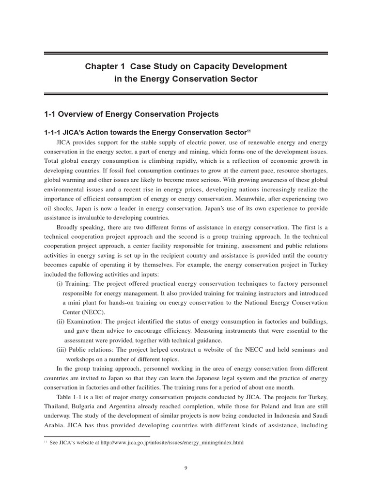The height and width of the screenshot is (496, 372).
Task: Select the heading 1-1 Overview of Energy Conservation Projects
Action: pos(131,114)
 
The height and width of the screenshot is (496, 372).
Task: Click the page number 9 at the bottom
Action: pos(186,467)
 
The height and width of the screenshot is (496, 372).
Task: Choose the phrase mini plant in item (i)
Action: pos(87,302)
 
